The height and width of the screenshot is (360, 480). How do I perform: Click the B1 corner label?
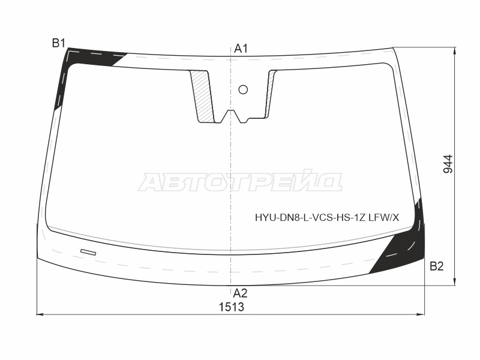pyautogui.click(x=58, y=43)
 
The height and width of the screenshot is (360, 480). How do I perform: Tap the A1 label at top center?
pyautogui.click(x=241, y=49)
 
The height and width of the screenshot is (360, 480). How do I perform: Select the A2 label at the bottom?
pyautogui.click(x=240, y=293)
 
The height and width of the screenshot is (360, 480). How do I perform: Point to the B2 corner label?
pyautogui.click(x=437, y=266)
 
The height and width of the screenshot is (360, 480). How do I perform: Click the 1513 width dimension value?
pyautogui.click(x=232, y=307)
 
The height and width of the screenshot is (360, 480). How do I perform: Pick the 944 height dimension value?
pyautogui.click(x=448, y=164)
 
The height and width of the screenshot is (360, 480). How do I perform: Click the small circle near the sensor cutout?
pyautogui.click(x=243, y=89)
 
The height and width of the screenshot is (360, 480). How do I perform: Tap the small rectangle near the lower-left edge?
pyautogui.click(x=88, y=252)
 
